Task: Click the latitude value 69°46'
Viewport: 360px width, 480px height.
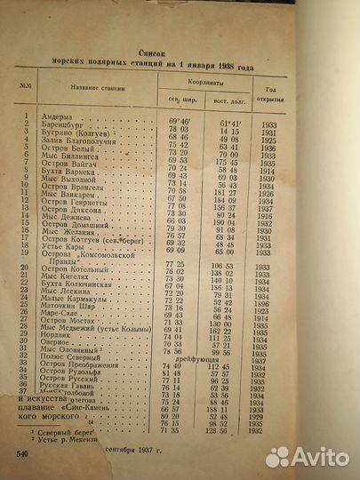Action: pyautogui.click(x=180, y=116)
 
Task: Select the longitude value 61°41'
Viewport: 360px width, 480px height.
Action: pyautogui.click(x=232, y=116)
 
